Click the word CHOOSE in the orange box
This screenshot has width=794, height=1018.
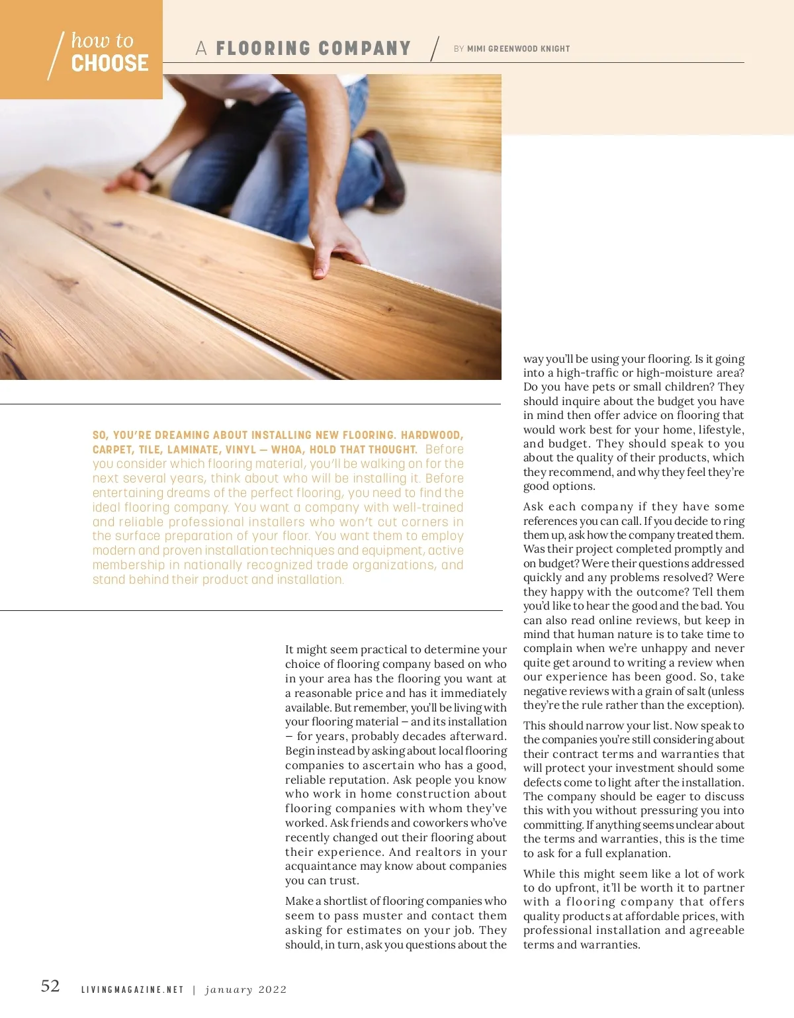click(110, 64)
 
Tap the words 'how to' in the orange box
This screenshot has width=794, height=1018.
click(103, 40)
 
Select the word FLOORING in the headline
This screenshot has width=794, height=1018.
click(263, 49)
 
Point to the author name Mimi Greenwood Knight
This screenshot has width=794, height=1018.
click(518, 49)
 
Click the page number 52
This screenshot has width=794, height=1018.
click(50, 986)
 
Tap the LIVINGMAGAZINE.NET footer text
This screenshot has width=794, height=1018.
click(132, 990)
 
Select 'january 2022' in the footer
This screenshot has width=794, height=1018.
click(246, 990)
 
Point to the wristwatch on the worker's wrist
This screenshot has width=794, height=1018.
click(145, 171)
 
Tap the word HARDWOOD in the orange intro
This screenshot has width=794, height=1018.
click(431, 436)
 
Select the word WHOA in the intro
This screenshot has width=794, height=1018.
click(287, 450)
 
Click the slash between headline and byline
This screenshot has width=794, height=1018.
click(435, 49)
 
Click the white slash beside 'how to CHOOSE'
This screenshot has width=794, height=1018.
click(56, 56)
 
